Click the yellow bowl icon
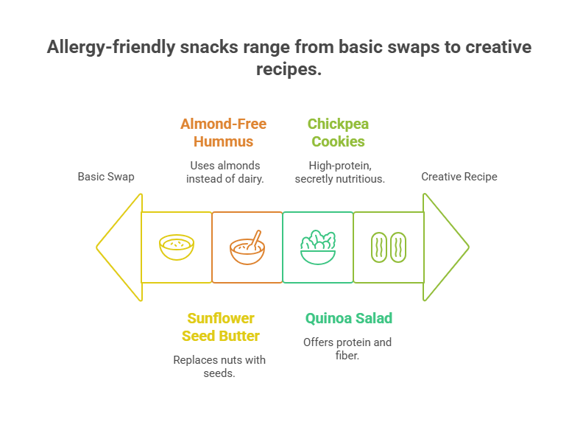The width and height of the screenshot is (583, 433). tap(177, 247)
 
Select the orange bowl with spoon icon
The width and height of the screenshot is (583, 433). tap(247, 248)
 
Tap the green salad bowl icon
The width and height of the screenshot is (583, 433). tap(318, 247)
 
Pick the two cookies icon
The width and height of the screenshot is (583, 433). tap(389, 247)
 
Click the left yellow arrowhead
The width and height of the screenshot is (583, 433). tap(119, 247)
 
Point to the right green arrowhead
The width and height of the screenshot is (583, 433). tap(445, 247)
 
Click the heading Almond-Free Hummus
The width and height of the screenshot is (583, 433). tap(223, 133)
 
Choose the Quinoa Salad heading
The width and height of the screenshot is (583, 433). tap(349, 318)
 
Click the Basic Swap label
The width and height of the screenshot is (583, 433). tap(106, 177)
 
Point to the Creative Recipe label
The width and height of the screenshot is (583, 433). tap(459, 177)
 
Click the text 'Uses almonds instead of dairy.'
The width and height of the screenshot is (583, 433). tap(225, 172)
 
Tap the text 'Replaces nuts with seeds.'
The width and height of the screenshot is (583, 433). tap(219, 367)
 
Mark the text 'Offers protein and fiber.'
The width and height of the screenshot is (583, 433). tap(347, 349)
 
